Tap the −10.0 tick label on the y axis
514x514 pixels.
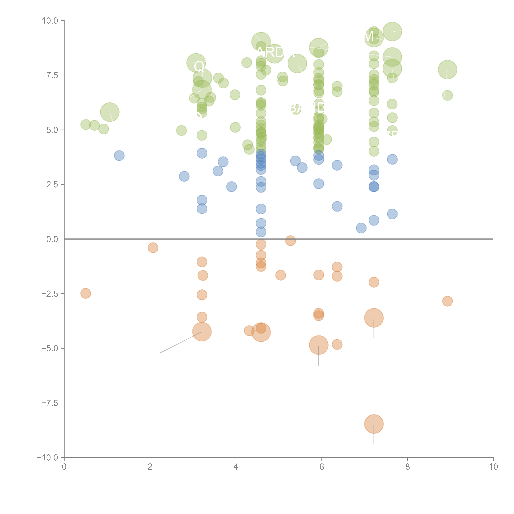click(x=47, y=458)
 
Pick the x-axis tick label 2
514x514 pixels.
click(x=150, y=467)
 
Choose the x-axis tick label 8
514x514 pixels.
click(x=408, y=467)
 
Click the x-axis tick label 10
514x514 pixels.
click(x=493, y=467)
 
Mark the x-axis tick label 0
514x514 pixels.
click(x=64, y=467)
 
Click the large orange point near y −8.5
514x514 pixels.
click(x=374, y=424)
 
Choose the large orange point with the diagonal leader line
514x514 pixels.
click(x=202, y=332)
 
